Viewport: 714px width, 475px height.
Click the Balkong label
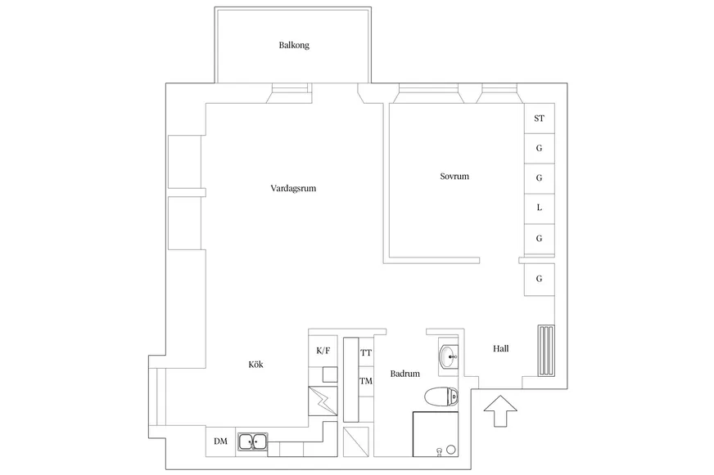[294, 45]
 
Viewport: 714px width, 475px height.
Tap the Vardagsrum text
[293, 188]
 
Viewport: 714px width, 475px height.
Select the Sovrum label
[454, 177]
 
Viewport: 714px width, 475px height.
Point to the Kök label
[256, 364]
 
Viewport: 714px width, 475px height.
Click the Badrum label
[404, 374]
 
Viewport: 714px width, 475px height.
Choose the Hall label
[501, 348]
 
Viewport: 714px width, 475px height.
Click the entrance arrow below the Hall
[500, 411]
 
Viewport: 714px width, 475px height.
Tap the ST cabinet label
[539, 119]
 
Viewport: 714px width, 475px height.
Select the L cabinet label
[539, 208]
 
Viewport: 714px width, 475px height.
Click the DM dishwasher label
[221, 441]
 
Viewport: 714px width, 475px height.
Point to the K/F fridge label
[323, 351]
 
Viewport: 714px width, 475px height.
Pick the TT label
[366, 352]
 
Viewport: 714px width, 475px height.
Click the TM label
[366, 381]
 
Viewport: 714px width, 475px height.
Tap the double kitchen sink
[252, 441]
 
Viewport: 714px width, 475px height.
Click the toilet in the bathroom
[441, 397]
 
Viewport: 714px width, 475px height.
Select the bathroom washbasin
[449, 356]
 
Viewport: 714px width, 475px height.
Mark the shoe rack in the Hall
[546, 351]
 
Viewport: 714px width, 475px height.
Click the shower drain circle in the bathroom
[451, 450]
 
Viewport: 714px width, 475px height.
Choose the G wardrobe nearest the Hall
[539, 279]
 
